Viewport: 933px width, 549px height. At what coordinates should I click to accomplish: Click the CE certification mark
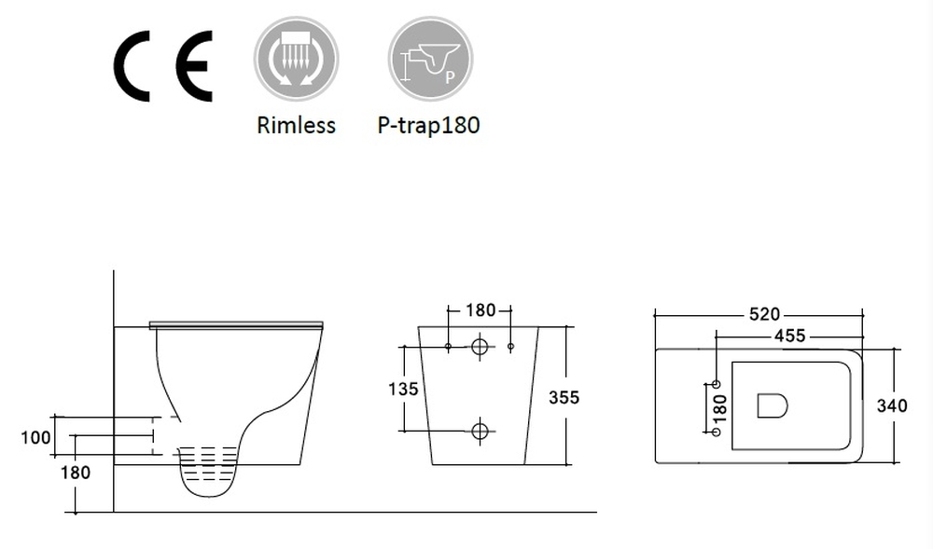tap(162, 65)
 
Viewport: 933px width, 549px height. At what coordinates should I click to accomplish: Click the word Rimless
tap(296, 125)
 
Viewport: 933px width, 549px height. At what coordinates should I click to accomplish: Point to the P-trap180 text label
tap(428, 125)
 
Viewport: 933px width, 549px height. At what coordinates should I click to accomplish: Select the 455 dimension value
tap(789, 336)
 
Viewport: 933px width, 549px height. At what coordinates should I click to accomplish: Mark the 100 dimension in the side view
tap(36, 436)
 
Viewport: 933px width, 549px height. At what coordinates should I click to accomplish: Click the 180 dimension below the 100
tap(76, 473)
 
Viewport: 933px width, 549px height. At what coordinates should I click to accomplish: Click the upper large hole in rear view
tap(480, 348)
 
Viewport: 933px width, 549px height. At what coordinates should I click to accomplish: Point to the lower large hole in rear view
tap(480, 431)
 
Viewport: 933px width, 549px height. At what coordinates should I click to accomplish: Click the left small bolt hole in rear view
tap(449, 348)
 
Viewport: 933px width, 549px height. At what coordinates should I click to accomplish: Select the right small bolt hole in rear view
tap(510, 348)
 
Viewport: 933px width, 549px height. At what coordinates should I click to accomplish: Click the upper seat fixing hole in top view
tap(717, 384)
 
